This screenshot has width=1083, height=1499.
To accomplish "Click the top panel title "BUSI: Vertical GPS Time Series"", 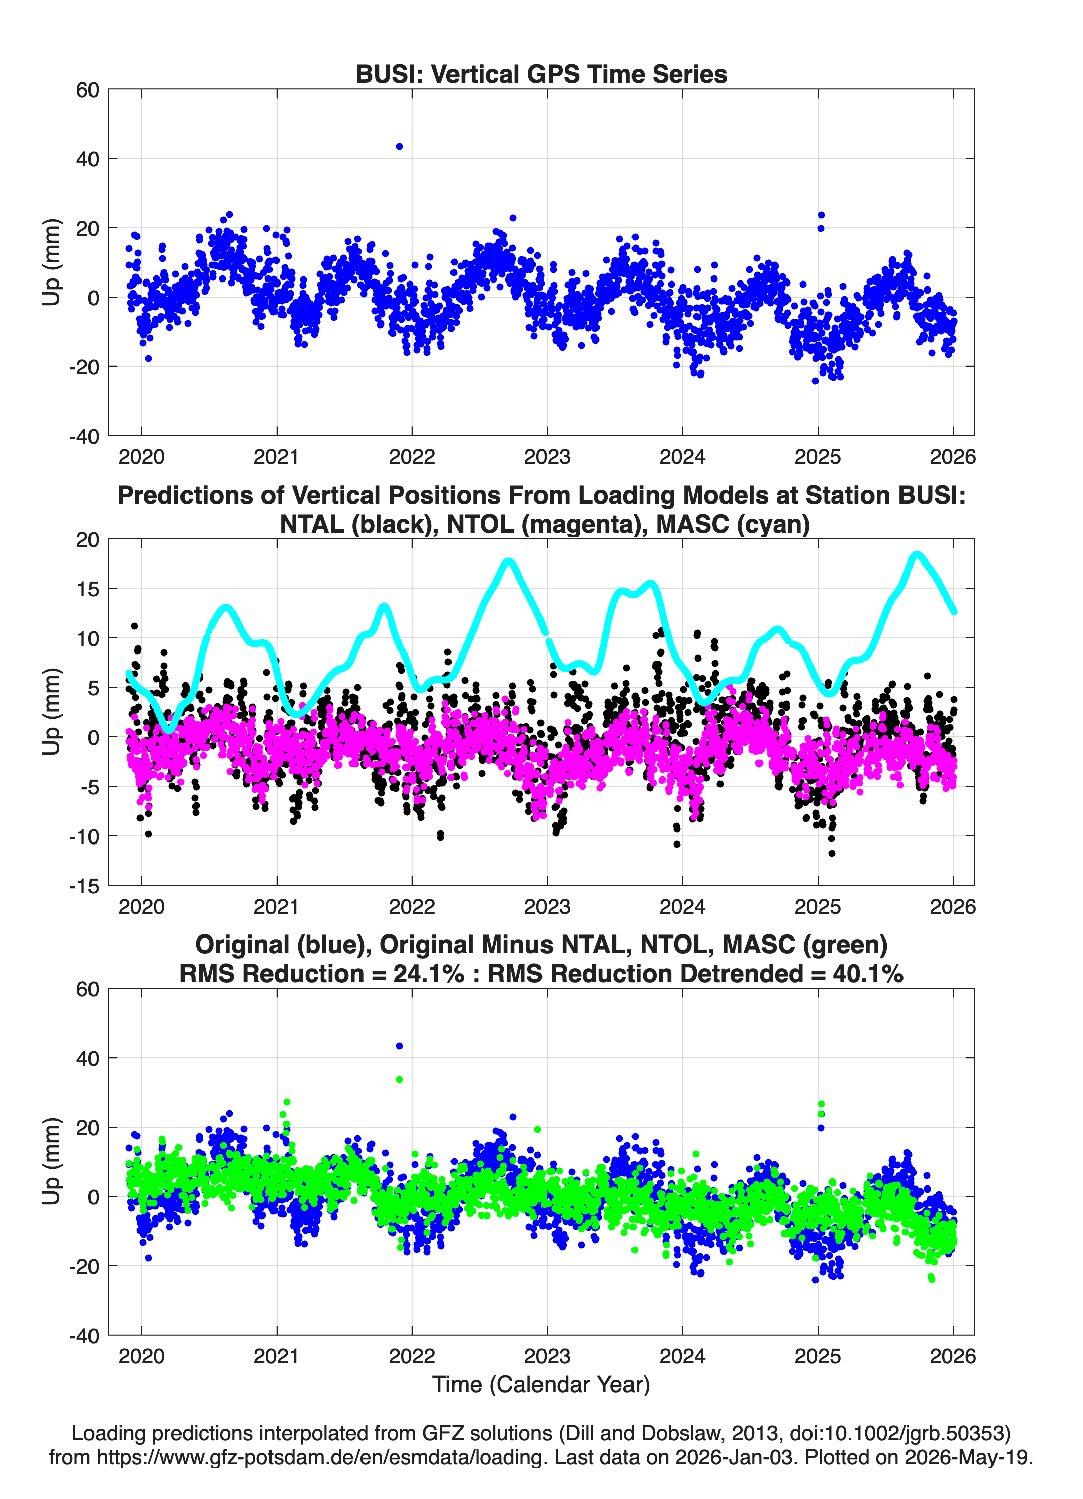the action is point(541,74).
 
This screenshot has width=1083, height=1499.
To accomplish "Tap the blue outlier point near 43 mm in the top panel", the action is point(399,147).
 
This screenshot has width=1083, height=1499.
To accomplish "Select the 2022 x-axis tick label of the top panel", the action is point(412,457).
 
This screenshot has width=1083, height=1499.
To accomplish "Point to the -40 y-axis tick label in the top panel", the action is point(84,437).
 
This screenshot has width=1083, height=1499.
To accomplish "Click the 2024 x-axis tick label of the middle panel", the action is point(682,907).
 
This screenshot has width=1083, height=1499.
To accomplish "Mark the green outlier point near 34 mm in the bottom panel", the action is point(399,1079).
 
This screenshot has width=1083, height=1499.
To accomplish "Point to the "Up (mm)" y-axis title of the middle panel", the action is point(52,712).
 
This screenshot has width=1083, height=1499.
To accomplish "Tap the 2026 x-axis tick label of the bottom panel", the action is point(953,1356).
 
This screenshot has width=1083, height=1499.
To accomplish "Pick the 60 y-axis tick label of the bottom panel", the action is point(88,989).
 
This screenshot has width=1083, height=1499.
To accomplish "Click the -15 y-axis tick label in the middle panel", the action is point(84,886).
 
